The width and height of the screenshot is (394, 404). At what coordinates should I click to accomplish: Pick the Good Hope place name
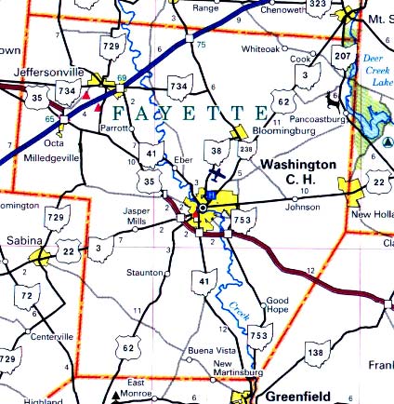278,304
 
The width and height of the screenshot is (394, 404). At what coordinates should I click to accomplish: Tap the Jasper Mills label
137,216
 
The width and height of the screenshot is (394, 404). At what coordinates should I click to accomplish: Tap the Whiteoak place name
258,47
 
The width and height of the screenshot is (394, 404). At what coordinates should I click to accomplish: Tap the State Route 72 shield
30,296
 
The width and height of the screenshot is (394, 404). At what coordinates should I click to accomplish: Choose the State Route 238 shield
246,149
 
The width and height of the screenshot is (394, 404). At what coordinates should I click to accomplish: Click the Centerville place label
53,334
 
